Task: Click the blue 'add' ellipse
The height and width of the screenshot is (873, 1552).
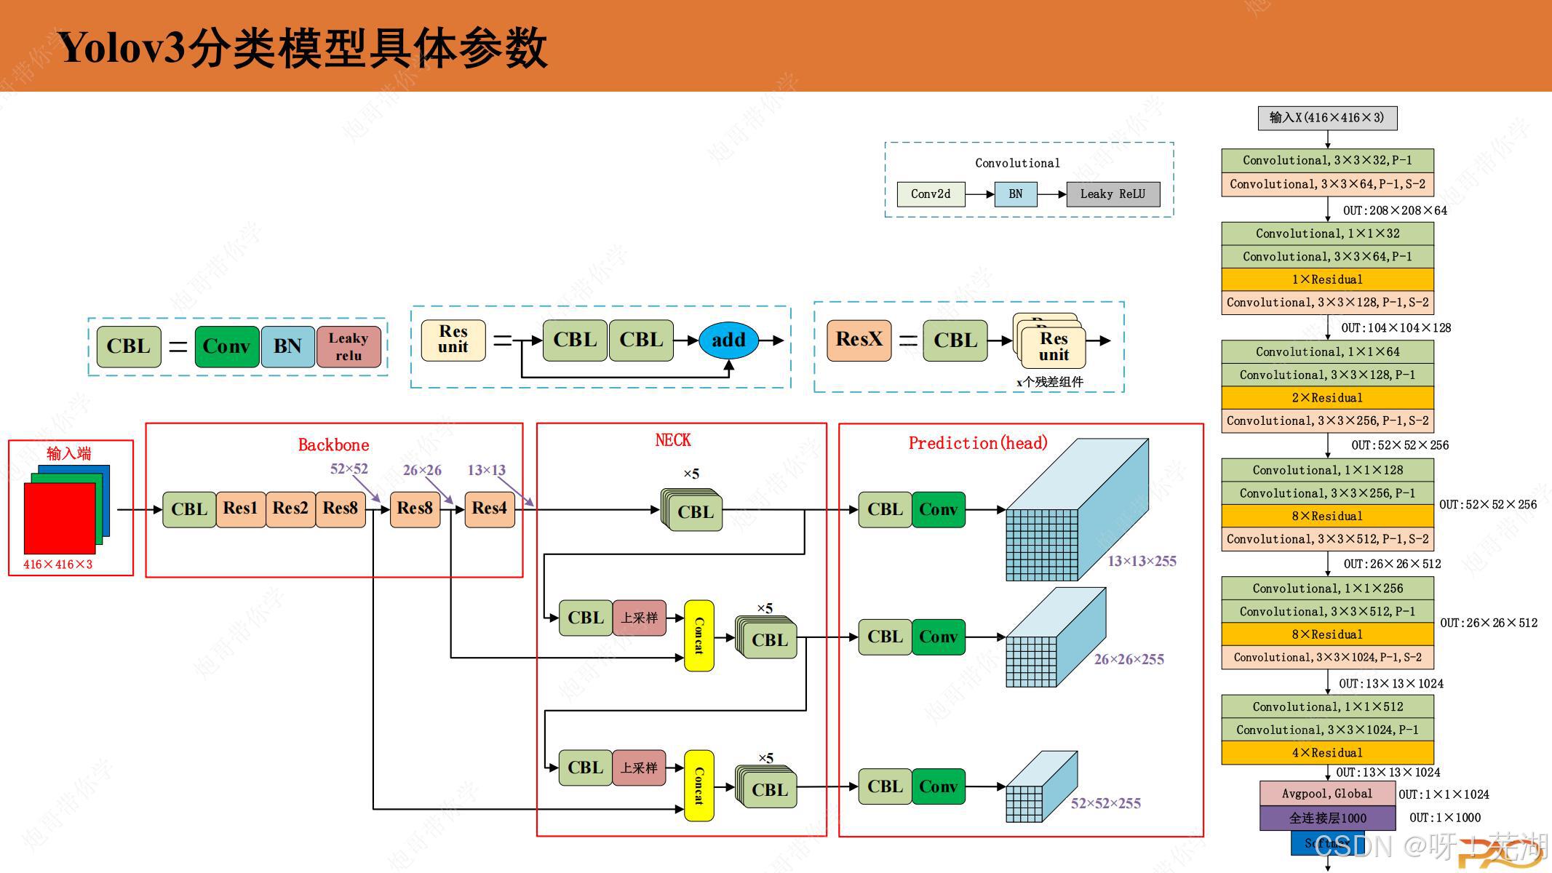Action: click(x=728, y=340)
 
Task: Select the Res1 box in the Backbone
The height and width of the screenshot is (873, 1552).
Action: click(x=240, y=509)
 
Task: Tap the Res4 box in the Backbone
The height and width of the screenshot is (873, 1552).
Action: click(x=489, y=509)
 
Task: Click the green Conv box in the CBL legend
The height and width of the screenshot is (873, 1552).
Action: click(x=226, y=346)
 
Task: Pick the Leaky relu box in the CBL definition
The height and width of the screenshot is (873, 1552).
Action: click(x=349, y=346)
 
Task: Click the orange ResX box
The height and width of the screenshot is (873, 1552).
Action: click(x=859, y=340)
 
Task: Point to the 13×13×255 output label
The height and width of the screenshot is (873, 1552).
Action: click(x=1142, y=561)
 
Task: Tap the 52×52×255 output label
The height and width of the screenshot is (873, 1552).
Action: click(x=1105, y=803)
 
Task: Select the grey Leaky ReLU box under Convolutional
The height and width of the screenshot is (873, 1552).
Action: click(x=1113, y=194)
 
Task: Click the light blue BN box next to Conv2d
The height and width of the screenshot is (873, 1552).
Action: click(x=1015, y=194)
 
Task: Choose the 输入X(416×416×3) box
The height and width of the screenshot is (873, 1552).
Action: click(x=1327, y=118)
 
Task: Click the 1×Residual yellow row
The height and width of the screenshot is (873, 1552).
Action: click(x=1327, y=279)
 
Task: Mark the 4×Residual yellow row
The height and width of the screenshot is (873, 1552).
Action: click(x=1327, y=752)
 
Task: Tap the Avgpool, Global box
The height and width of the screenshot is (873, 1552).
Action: click(x=1327, y=794)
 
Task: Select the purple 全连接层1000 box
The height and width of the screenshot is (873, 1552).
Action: click(x=1327, y=818)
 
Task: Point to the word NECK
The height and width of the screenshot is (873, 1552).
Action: click(x=673, y=440)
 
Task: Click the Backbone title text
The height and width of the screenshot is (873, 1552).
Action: click(x=333, y=445)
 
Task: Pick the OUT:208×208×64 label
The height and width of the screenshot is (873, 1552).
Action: click(x=1395, y=210)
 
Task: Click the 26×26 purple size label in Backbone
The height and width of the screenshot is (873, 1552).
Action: click(x=422, y=470)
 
